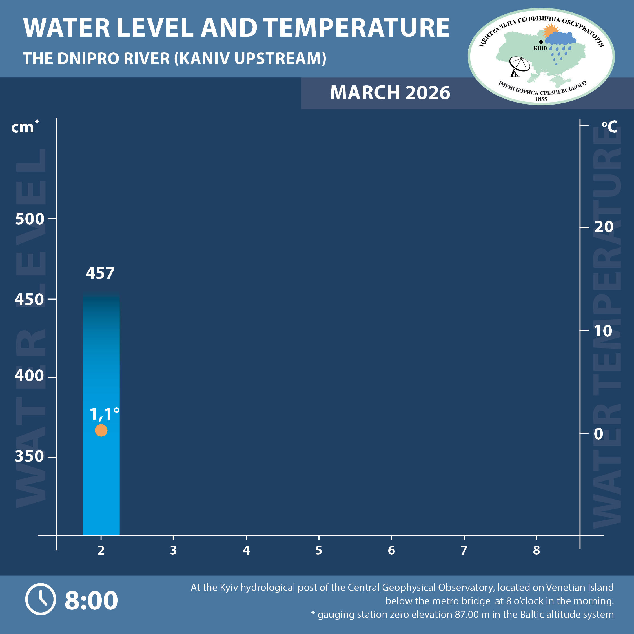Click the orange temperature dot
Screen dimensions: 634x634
pyautogui.click(x=101, y=430)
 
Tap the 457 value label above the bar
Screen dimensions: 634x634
pyautogui.click(x=100, y=273)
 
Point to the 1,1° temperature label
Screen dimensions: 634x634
pyautogui.click(x=104, y=414)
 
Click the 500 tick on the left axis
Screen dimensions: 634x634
pyautogui.click(x=30, y=219)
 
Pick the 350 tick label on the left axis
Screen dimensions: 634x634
pyautogui.click(x=29, y=456)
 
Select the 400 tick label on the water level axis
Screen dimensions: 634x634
pyautogui.click(x=29, y=375)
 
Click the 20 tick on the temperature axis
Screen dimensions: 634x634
pyautogui.click(x=604, y=227)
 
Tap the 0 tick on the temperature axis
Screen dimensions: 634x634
pyautogui.click(x=598, y=434)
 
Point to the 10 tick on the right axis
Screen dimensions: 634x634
pyautogui.click(x=603, y=331)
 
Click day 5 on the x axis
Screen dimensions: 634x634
pyautogui.click(x=319, y=550)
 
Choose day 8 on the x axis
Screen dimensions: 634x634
pyautogui.click(x=536, y=550)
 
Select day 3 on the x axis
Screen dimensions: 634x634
pyautogui.click(x=173, y=550)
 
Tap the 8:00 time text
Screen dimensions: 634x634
pyautogui.click(x=91, y=600)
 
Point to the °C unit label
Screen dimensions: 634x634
pyautogui.click(x=609, y=127)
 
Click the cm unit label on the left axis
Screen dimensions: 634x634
pyautogui.click(x=23, y=127)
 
